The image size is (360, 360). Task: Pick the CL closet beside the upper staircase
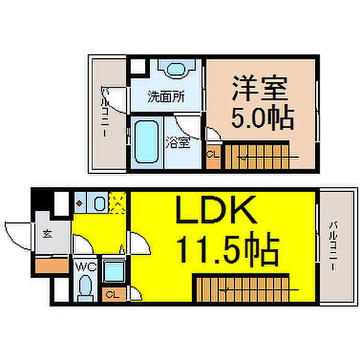click(x=212, y=154)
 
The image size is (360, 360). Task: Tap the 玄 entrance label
click(x=46, y=234)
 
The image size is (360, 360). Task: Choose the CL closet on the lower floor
click(x=112, y=293)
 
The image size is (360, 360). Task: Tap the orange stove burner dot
click(x=79, y=202)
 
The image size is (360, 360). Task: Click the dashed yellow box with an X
click(x=118, y=202)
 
